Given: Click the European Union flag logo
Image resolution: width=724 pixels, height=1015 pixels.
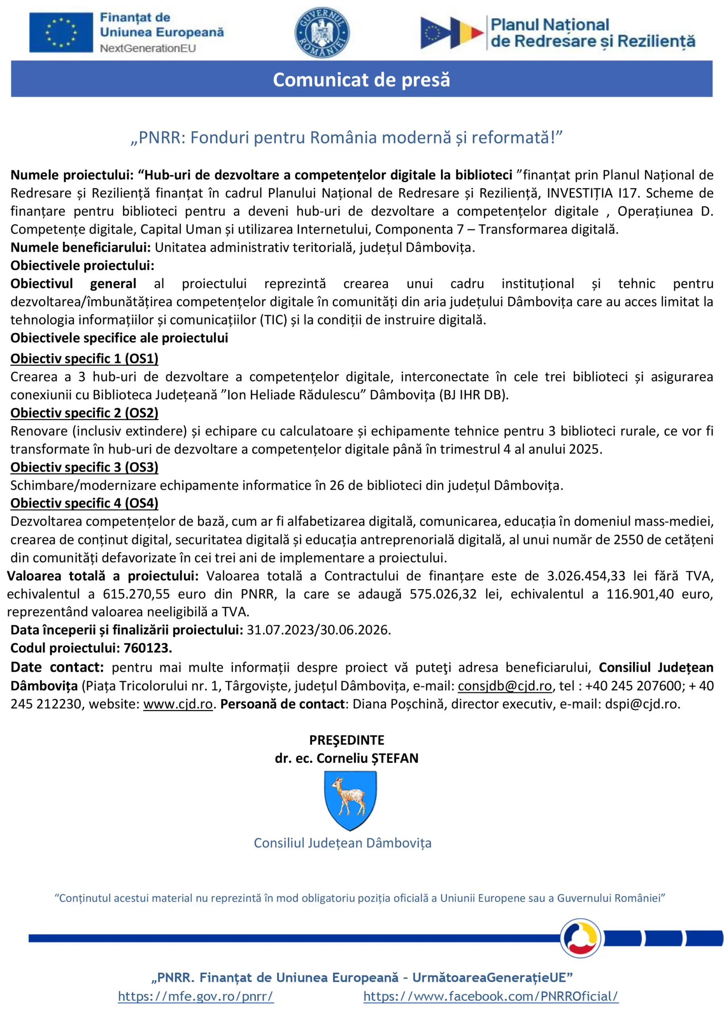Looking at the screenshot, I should [x=61, y=33].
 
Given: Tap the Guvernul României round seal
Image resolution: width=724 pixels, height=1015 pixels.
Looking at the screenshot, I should [x=322, y=33].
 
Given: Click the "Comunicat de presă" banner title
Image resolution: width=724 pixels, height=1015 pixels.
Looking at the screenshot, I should [x=362, y=79].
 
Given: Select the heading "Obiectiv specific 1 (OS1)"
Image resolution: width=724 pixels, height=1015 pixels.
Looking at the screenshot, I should [x=84, y=358].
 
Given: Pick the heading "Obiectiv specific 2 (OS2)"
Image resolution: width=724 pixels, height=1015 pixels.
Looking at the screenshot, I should [x=84, y=413].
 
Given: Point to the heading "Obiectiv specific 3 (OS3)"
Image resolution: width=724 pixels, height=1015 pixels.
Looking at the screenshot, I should [x=84, y=467].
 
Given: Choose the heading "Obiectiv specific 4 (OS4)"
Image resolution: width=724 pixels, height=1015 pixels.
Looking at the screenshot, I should [x=84, y=503].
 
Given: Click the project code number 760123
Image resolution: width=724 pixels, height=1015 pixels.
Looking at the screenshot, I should [x=147, y=648].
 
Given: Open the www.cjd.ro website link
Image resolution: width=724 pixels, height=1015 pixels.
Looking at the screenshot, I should [x=178, y=704].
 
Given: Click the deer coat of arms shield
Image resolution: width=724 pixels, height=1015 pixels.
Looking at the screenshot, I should [x=351, y=800].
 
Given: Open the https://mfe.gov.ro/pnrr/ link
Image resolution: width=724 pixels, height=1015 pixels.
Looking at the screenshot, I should [x=196, y=996].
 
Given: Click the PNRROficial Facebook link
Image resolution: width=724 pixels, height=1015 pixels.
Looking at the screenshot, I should [x=491, y=996].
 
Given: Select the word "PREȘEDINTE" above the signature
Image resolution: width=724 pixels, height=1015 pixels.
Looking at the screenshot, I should [x=347, y=740].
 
